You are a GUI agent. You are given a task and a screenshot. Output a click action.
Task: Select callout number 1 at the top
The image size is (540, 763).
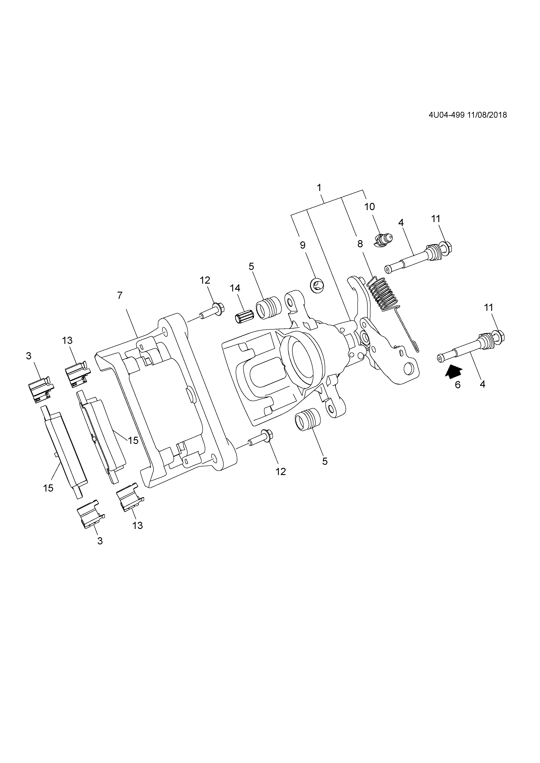319,188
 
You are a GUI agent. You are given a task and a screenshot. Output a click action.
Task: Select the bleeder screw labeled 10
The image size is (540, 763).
383,240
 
